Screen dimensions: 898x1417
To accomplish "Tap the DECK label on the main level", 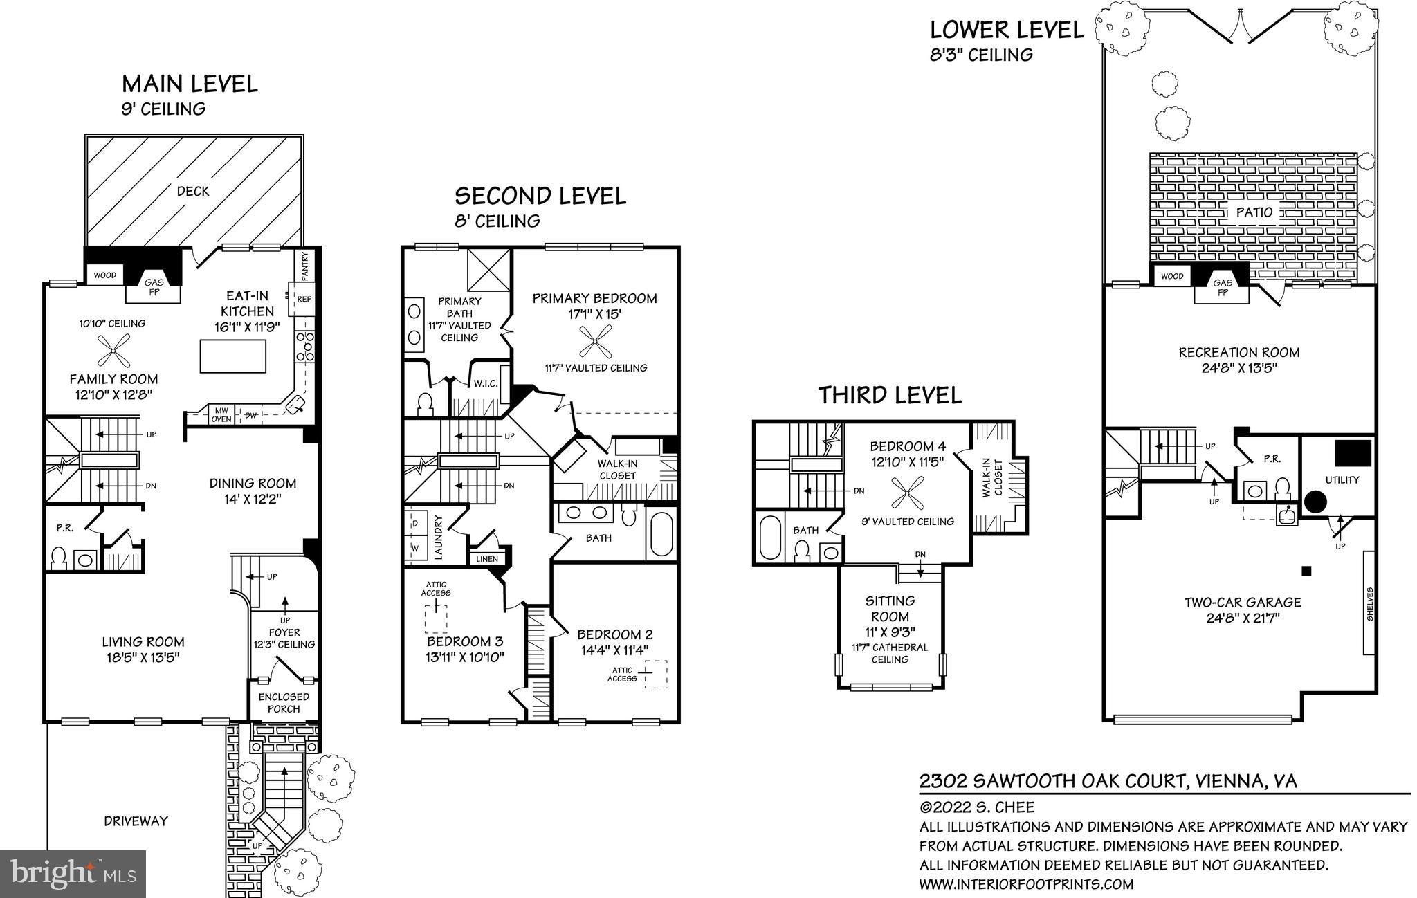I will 193,192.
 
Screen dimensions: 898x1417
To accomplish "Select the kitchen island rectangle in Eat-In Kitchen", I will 232,356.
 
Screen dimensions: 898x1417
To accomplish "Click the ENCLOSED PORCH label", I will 284,702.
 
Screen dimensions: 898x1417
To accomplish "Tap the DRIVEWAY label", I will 136,821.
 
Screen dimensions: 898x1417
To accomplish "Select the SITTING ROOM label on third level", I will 890,609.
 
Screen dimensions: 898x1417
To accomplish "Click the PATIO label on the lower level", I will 1254,212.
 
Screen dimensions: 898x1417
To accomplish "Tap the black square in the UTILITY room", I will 1353,453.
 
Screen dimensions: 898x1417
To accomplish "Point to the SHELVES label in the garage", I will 1369,605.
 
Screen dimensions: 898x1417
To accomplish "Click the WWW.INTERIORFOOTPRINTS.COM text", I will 1026,884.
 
